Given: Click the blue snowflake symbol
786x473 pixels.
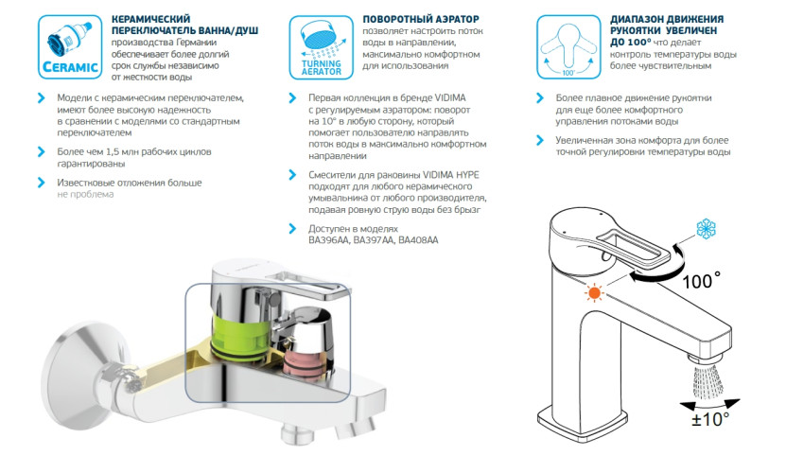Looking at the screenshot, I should [x=706, y=229].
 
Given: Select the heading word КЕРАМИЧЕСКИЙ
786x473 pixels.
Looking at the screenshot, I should [x=150, y=18].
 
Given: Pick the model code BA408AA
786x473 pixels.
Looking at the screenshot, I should [x=418, y=241].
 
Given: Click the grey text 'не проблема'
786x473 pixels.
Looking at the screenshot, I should [x=85, y=194].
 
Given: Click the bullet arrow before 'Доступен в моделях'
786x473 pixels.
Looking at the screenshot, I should [x=290, y=229].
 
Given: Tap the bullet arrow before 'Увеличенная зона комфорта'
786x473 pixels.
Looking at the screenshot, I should [x=538, y=140].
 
